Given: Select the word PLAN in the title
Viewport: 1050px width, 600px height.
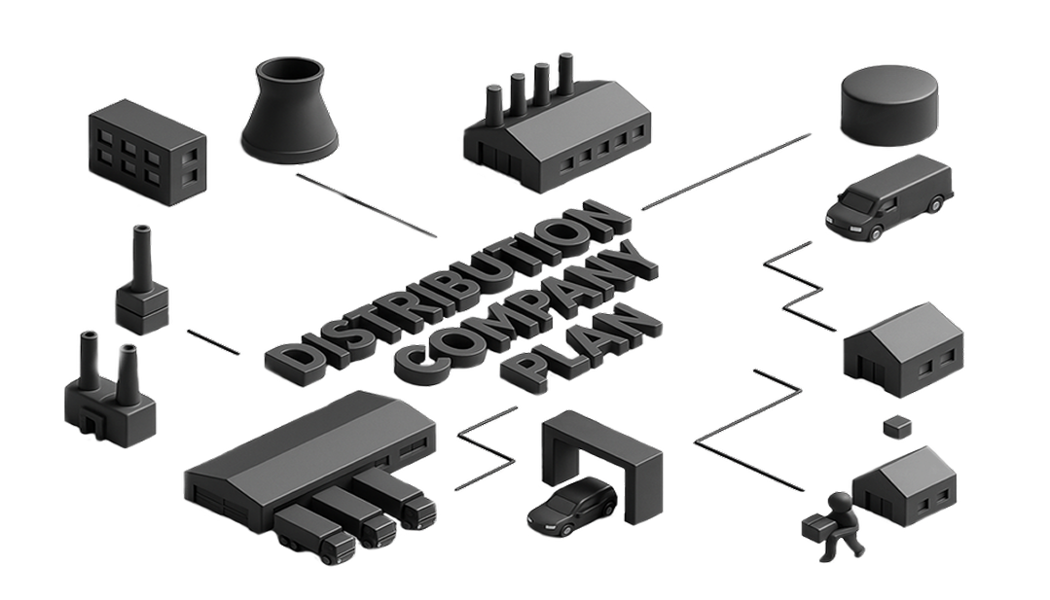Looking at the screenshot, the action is [x=583, y=350].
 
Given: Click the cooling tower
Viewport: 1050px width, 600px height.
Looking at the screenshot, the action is [x=289, y=109].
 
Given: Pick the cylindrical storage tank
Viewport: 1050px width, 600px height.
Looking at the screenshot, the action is [x=889, y=106].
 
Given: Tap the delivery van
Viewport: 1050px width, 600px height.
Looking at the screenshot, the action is [x=887, y=196].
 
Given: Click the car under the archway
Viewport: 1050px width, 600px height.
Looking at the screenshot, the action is [x=572, y=506].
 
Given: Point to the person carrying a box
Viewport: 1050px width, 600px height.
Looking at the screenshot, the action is [x=834, y=526].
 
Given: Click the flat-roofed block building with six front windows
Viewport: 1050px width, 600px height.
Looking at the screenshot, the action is [x=147, y=153].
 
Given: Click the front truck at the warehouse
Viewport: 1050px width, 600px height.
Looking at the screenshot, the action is [x=314, y=536].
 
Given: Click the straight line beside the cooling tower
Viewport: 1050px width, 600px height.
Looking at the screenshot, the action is [x=366, y=205].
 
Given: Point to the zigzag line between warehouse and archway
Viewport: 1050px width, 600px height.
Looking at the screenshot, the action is [x=487, y=448].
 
